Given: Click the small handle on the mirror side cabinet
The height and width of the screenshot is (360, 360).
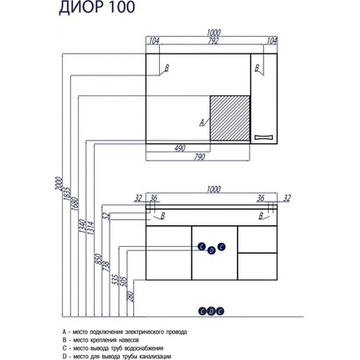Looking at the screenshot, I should tap(266, 135).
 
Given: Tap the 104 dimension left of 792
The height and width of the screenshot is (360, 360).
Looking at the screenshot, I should tap(153, 40).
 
